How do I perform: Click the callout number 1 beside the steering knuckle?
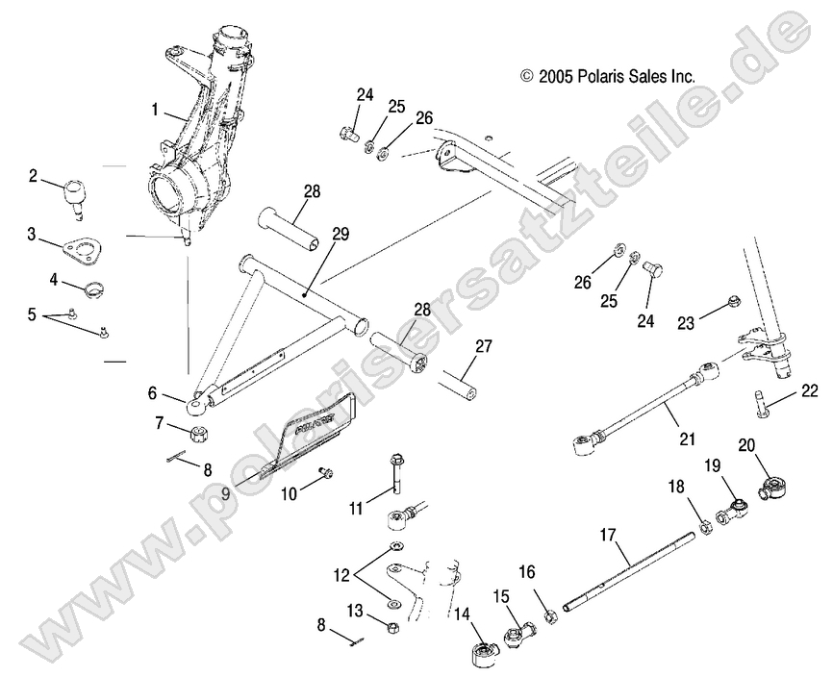[x=154, y=110]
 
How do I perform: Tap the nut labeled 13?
[x=393, y=627]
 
